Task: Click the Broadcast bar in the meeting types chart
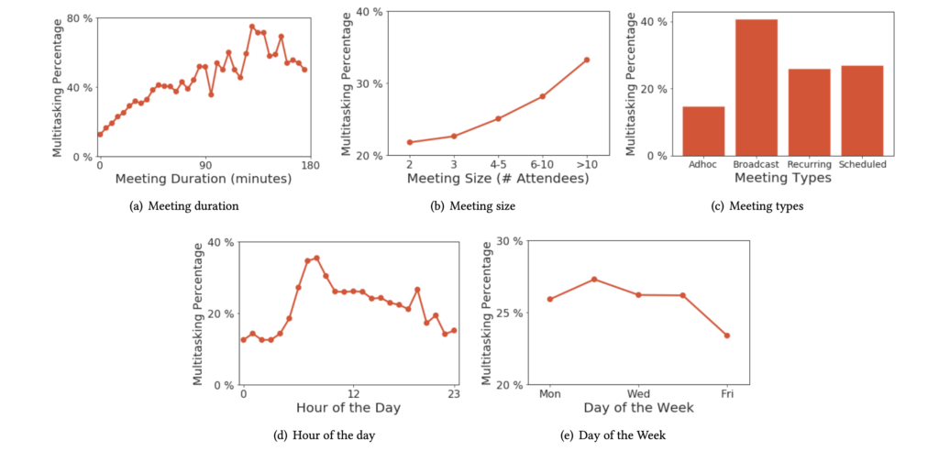757,87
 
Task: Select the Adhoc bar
703,131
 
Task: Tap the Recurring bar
809,112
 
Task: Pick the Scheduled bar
862,110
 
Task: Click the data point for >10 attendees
587,60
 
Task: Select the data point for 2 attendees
409,142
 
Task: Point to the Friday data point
727,335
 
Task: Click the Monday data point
549,299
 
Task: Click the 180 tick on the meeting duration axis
310,165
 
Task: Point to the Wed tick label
638,393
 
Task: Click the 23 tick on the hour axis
454,393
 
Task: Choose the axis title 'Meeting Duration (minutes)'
204,179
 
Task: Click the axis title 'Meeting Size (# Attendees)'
498,179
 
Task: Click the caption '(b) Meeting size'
472,206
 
